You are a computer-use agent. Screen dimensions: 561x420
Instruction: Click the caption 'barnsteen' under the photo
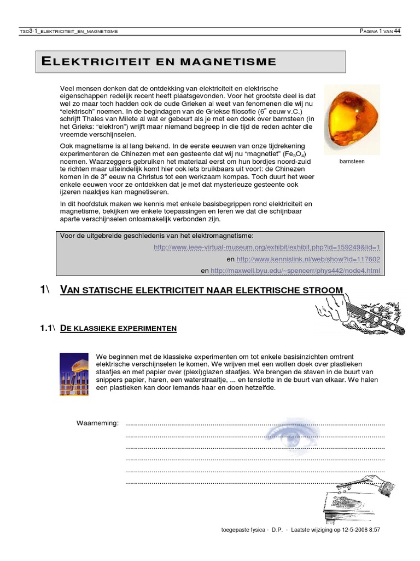coord(352,162)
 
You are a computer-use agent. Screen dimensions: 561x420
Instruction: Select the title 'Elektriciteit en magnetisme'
coord(159,61)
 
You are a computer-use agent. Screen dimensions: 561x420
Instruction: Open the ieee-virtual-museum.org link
coord(267,247)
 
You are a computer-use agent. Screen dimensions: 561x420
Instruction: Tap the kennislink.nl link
coord(308,259)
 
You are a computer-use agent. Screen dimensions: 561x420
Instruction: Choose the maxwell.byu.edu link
coord(295,271)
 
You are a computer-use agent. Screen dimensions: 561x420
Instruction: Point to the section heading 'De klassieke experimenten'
coord(118,328)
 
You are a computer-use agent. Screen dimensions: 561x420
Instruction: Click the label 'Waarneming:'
coord(97,423)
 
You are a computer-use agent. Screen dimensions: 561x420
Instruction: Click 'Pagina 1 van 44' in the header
coord(380,31)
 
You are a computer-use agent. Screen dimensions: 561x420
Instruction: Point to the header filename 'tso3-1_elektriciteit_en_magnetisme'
coord(68,31)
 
